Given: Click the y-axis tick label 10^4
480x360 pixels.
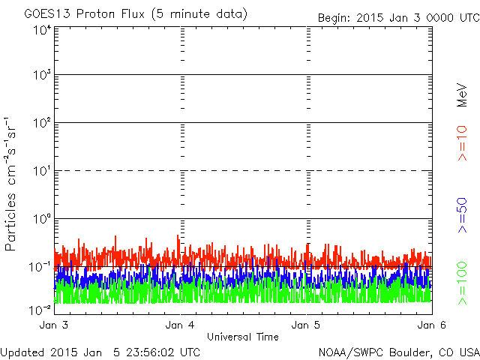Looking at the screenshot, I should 42,30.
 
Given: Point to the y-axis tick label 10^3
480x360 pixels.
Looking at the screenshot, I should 42,76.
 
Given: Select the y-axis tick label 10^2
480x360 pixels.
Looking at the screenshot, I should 42,123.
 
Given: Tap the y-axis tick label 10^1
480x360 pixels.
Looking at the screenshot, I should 42,171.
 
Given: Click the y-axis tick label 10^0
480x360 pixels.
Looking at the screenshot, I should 42,219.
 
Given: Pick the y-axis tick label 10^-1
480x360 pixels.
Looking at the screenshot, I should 40,267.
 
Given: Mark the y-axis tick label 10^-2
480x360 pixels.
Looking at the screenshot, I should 40,309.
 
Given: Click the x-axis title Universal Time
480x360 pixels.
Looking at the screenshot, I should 242,337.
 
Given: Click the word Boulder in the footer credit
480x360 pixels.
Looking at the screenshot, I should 406,352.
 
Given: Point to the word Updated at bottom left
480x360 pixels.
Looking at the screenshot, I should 22,352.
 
